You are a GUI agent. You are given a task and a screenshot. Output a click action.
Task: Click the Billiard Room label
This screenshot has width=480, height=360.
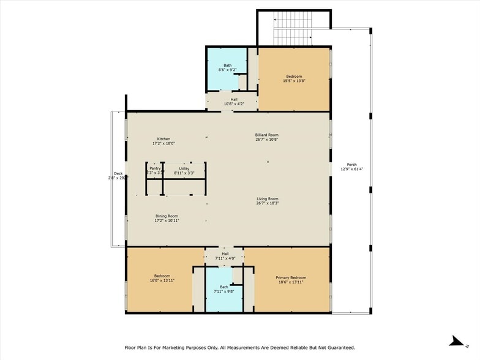(267, 135)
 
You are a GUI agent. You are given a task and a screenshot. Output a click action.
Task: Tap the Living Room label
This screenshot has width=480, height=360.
(267, 198)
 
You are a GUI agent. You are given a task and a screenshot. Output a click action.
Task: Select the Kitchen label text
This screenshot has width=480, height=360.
(163, 138)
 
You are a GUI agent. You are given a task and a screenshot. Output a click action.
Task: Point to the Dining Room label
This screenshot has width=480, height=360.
(167, 216)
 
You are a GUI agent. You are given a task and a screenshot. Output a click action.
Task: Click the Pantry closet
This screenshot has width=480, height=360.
(154, 171)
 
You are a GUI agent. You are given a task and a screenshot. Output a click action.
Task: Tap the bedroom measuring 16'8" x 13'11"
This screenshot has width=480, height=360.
(162, 279)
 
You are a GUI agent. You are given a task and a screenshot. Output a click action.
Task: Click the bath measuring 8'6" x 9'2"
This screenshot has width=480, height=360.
(227, 67)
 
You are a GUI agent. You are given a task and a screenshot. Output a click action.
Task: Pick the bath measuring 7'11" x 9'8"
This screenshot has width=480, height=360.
(224, 289)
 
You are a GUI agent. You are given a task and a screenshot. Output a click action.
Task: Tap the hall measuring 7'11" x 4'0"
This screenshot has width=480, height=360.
(225, 256)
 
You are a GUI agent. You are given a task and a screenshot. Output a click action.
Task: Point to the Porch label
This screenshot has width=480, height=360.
(351, 165)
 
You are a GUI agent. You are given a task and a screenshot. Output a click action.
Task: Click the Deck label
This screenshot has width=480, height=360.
(118, 174)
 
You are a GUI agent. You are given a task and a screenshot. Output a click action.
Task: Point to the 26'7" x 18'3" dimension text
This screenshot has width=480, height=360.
(267, 203)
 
